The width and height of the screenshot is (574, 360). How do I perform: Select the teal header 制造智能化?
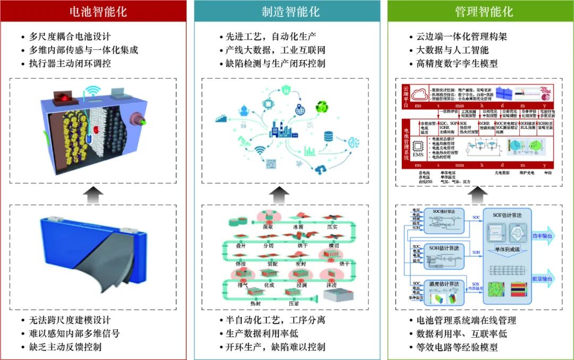tap(287, 12)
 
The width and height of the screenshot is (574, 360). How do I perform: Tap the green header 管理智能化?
tap(480, 12)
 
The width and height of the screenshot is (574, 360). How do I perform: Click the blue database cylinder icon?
tap(328, 136)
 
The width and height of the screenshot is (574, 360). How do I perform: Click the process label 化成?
tap(268, 284)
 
